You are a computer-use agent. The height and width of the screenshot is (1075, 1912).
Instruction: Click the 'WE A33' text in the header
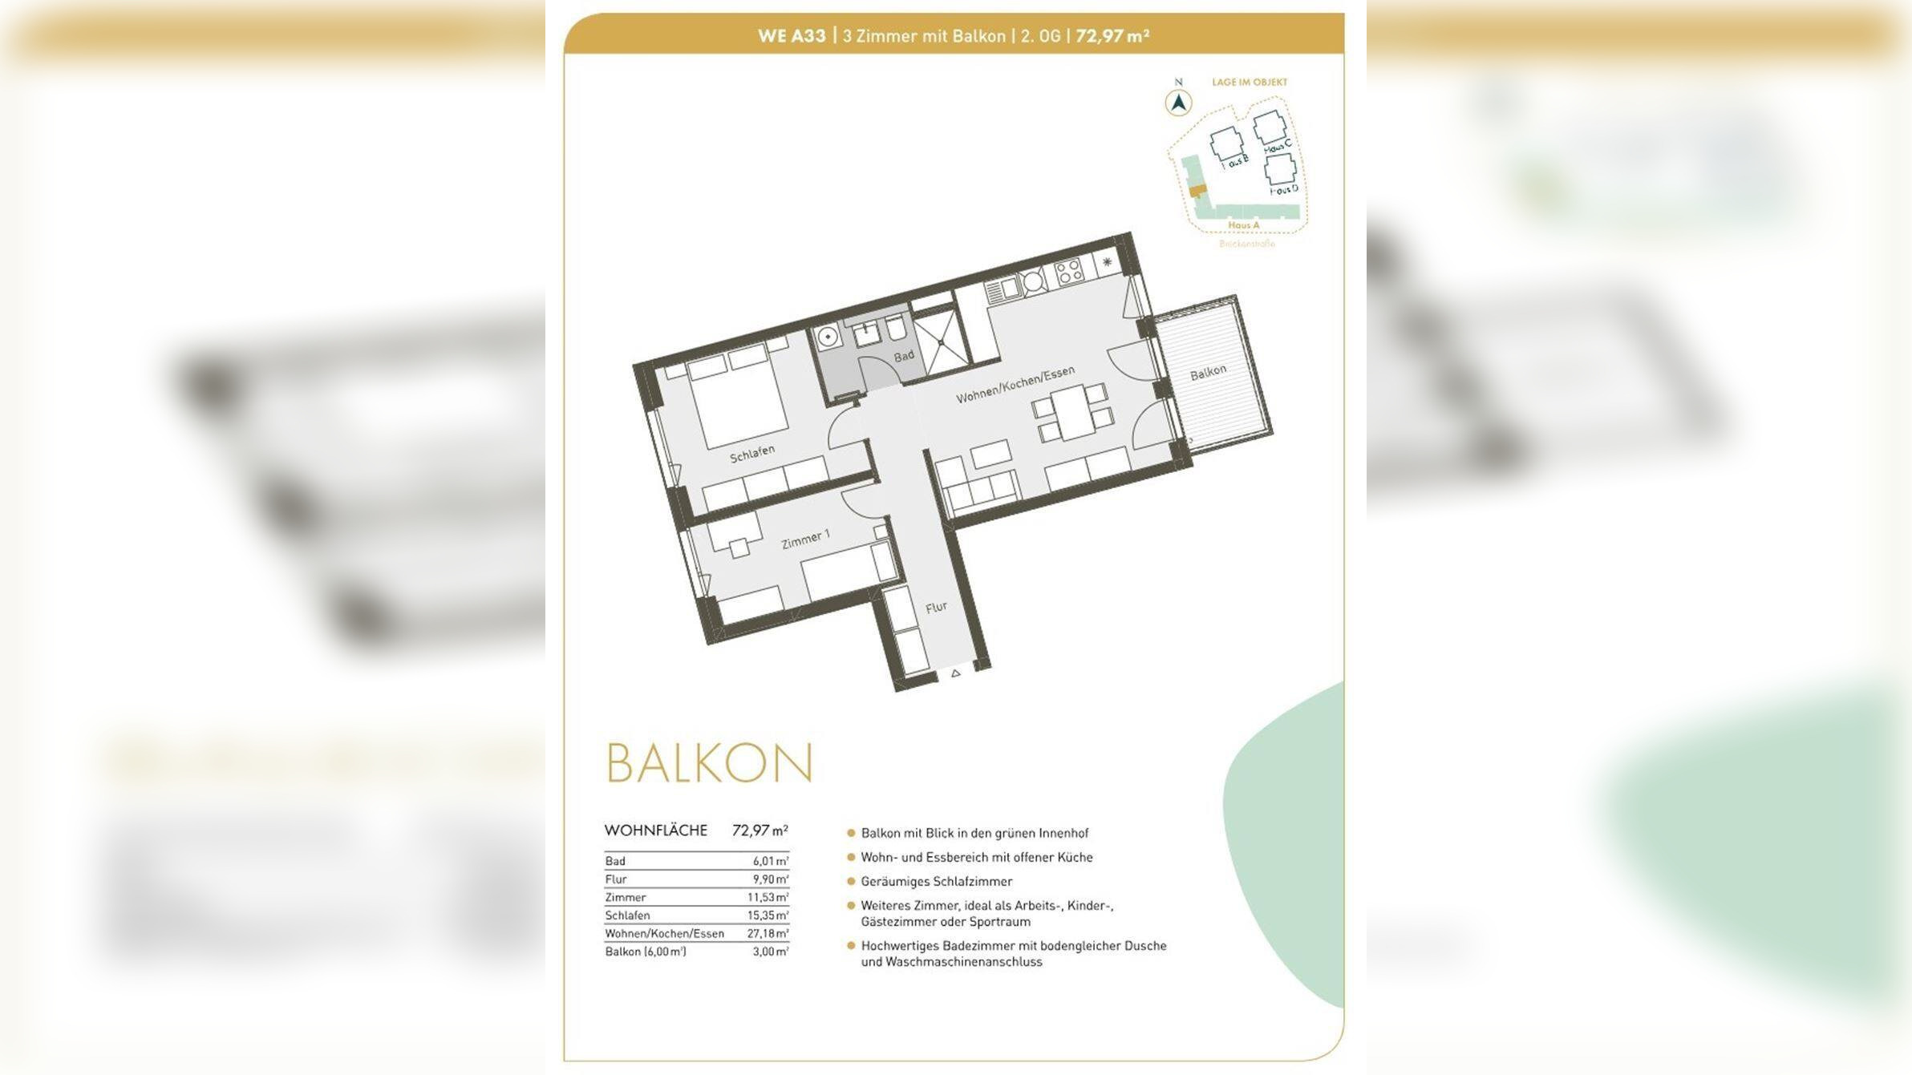(792, 36)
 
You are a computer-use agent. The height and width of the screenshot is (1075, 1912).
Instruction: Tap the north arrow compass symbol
(1178, 103)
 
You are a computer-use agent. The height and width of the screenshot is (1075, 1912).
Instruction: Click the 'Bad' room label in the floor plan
(904, 355)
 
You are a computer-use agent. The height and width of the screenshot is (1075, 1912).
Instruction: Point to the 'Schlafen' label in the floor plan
(752, 453)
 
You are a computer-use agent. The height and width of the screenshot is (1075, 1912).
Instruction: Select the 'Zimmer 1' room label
(805, 540)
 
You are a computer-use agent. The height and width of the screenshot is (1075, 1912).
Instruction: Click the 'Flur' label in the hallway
(936, 608)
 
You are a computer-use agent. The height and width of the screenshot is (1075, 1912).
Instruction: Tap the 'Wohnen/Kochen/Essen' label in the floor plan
(1015, 384)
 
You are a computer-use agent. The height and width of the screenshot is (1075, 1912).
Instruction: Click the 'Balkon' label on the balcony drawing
(1208, 371)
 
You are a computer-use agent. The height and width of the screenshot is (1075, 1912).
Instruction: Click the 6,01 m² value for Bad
(770, 861)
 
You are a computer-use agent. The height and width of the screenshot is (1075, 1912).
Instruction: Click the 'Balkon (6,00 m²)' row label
(646, 952)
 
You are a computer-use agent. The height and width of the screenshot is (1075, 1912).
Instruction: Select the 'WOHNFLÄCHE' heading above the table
(656, 830)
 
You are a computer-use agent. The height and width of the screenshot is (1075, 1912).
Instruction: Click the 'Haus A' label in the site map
(1243, 225)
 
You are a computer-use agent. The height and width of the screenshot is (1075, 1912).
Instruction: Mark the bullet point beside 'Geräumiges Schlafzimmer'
(851, 881)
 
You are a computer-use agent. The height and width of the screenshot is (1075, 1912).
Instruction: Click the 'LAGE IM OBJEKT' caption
(1250, 82)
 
